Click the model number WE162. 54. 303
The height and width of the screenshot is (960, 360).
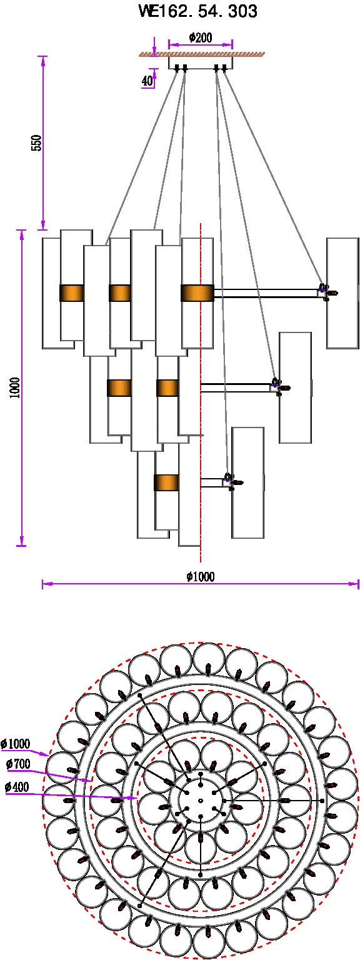[x=198, y=11]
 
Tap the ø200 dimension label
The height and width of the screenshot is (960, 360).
[x=201, y=37]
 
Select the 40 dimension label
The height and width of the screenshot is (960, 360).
[x=147, y=81]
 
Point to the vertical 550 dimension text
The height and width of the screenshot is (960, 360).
[x=37, y=142]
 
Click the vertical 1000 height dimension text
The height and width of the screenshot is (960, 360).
[x=15, y=388]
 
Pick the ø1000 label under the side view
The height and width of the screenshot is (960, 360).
[x=201, y=576]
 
